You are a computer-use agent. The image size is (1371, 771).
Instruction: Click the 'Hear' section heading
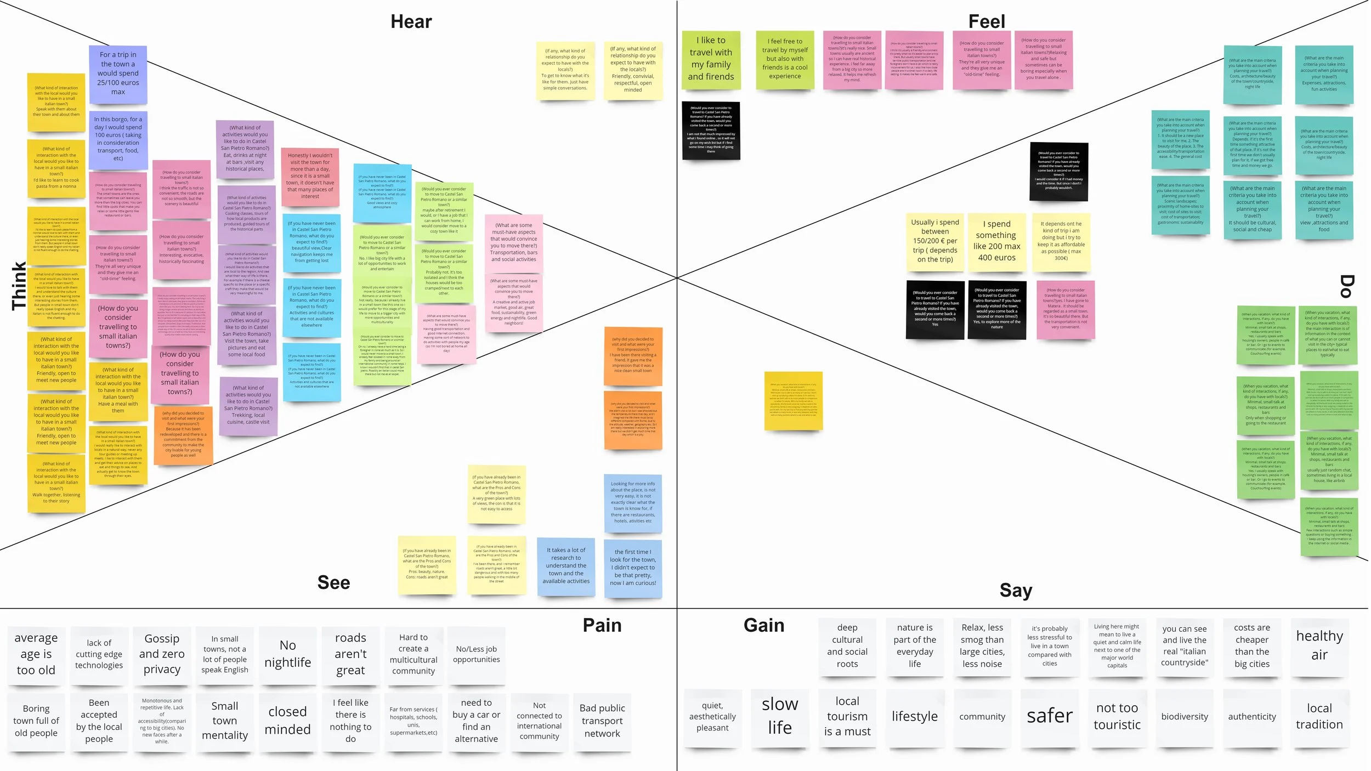(411, 22)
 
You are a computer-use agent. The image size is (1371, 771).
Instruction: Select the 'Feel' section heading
(986, 22)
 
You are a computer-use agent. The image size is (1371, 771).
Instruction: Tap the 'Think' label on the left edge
(19, 286)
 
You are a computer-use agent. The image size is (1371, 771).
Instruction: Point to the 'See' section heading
(333, 582)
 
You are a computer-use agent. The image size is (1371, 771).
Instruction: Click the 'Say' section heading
(1016, 590)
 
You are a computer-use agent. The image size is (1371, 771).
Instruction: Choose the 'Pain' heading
(602, 625)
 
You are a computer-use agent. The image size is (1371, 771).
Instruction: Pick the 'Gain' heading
(763, 625)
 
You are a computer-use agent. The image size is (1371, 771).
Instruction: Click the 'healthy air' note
(1319, 645)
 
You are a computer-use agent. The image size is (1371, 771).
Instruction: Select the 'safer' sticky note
(1049, 716)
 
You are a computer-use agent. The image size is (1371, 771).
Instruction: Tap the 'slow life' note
(779, 716)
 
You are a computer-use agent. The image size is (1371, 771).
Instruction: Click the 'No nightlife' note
(287, 654)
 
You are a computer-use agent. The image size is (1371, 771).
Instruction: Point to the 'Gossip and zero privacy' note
(162, 654)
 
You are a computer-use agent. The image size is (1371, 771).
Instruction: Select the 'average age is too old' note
(36, 654)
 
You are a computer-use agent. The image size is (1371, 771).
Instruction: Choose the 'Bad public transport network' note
(602, 721)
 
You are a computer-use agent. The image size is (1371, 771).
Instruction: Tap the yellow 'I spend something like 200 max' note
(996, 241)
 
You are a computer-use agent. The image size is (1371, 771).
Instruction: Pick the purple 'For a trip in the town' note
(118, 74)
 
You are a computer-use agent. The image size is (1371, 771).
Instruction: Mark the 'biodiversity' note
(1185, 717)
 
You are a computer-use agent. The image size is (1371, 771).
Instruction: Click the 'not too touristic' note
(1117, 716)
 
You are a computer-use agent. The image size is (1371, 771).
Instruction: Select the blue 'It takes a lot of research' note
(566, 566)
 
